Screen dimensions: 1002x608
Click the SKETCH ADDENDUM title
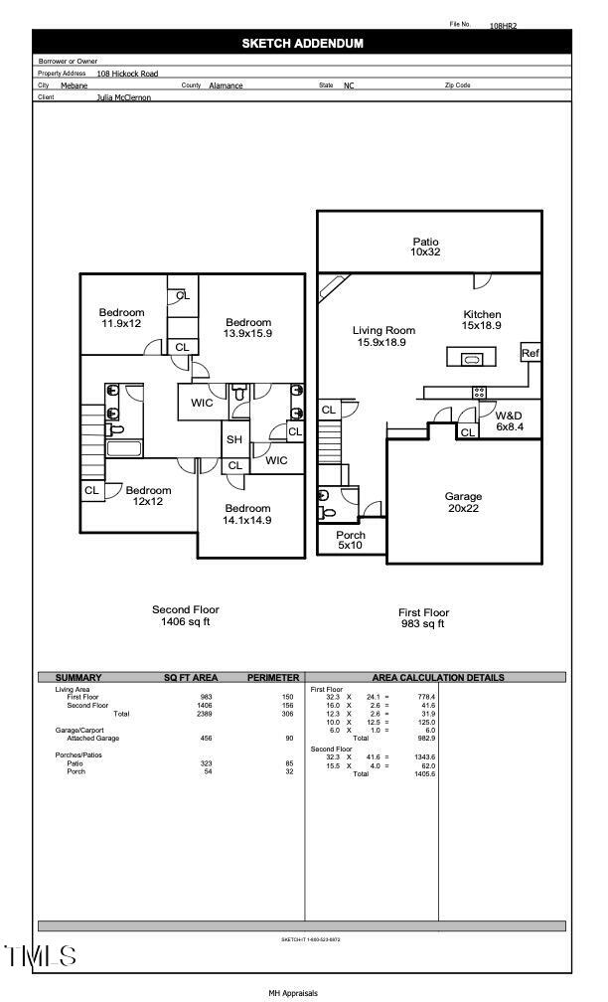tap(302, 43)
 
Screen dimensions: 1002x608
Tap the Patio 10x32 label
tap(425, 248)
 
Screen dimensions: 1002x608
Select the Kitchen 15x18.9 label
tap(482, 319)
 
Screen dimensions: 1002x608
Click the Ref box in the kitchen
tap(531, 353)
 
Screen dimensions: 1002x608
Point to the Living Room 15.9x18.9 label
tap(385, 336)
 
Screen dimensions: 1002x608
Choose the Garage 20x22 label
tap(463, 502)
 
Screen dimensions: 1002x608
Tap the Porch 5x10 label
tap(350, 540)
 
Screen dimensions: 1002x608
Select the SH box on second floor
tap(234, 439)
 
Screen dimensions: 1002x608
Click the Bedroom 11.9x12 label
tap(121, 318)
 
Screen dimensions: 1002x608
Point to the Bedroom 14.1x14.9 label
tap(246, 514)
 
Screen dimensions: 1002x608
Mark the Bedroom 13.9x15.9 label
tap(247, 327)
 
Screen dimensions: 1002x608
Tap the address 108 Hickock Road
tap(127, 74)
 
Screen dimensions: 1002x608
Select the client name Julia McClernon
tap(124, 98)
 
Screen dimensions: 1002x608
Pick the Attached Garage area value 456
tap(206, 739)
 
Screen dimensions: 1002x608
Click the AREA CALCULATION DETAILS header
tap(437, 678)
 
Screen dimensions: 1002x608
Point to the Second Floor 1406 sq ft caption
tap(185, 615)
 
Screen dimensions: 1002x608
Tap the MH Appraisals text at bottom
tap(293, 992)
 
